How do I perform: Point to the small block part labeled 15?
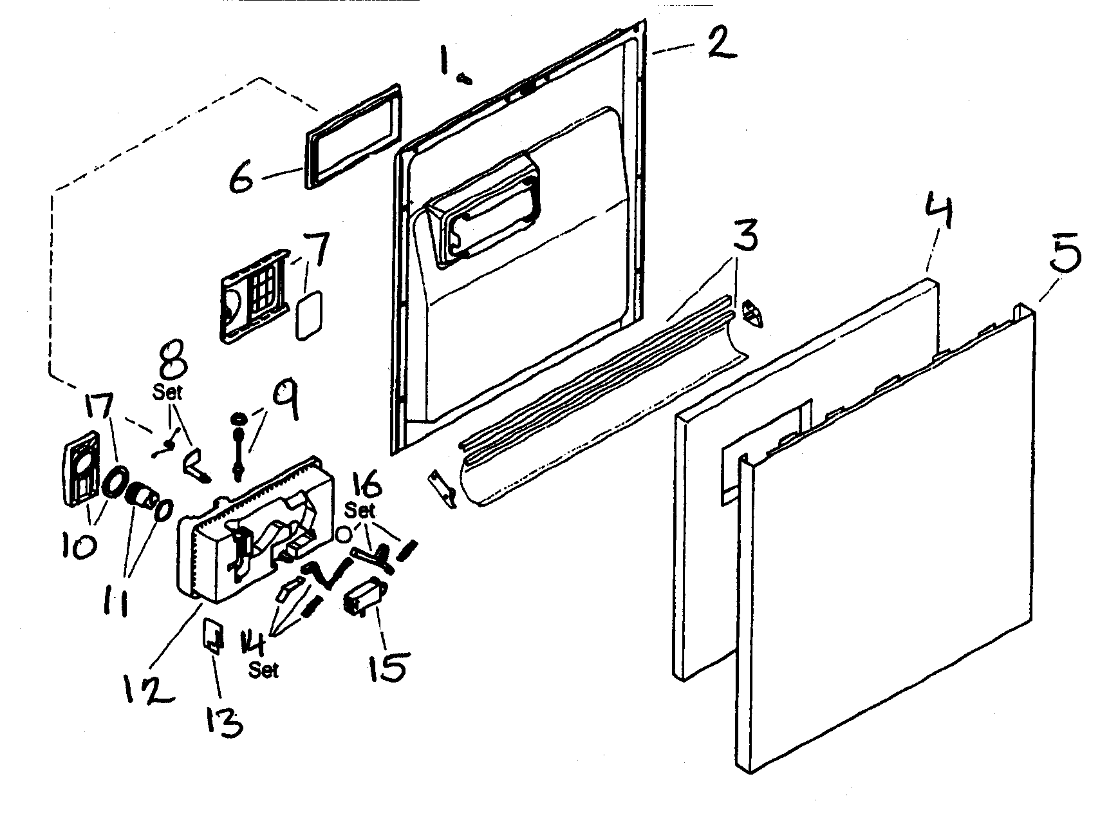(x=364, y=598)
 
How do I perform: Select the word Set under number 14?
(x=264, y=670)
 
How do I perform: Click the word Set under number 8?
(x=167, y=392)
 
